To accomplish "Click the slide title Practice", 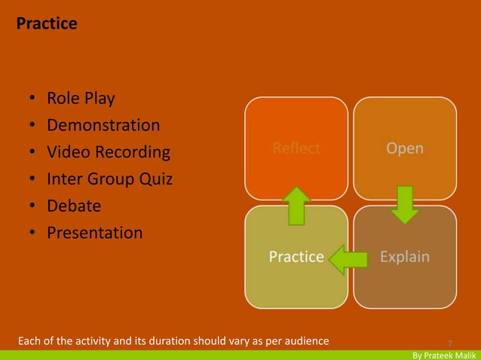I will tap(47, 24).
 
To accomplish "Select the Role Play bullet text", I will tap(81, 99).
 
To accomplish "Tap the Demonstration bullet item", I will tap(103, 126).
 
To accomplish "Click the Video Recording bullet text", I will tap(109, 153).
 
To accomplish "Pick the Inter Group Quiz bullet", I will tap(109, 180).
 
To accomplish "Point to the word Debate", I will tap(74, 206).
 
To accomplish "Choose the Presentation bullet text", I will tap(94, 233).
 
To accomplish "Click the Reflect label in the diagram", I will tap(296, 148).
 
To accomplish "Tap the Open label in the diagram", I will tap(405, 148).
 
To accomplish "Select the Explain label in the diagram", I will tap(405, 257).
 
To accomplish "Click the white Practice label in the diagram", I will tap(296, 257).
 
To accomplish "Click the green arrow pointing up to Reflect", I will tap(297, 206).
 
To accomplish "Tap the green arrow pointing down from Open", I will tap(406, 204).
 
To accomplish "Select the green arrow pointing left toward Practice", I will tap(348, 258).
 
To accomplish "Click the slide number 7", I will tap(450, 341).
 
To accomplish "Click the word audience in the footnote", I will tap(305, 341).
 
